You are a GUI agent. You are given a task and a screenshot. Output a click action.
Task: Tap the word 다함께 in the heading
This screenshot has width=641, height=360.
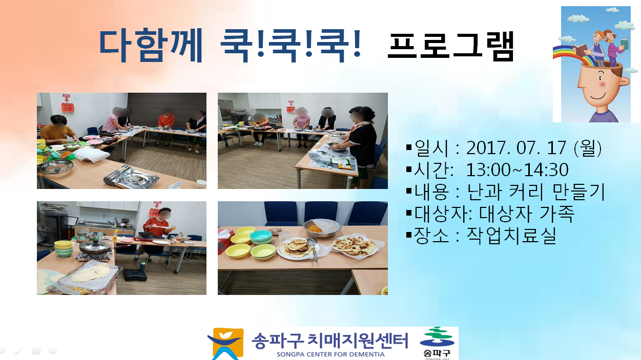pyautogui.click(x=151, y=45)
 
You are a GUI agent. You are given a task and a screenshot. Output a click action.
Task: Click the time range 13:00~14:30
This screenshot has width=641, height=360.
pyautogui.click(x=517, y=170)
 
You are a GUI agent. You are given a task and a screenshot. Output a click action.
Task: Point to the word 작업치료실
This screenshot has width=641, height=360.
pyautogui.click(x=511, y=236)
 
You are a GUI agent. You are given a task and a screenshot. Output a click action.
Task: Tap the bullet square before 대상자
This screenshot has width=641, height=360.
pyautogui.click(x=409, y=213)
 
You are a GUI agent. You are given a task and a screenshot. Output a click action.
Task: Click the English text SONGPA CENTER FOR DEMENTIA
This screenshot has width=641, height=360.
pyautogui.click(x=330, y=354)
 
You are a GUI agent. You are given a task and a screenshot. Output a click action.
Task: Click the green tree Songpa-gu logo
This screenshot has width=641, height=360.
pyautogui.click(x=437, y=337)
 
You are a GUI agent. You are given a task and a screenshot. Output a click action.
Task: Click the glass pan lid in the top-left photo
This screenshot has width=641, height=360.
pyautogui.click(x=56, y=167)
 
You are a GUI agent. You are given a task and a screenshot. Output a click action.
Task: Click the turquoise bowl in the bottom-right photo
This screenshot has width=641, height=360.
pyautogui.click(x=261, y=237)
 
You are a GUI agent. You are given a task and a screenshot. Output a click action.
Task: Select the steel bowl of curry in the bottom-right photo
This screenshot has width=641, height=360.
pyautogui.click(x=322, y=228)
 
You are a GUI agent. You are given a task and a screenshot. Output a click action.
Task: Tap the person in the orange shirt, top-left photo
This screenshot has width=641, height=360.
pyautogui.click(x=58, y=130)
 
